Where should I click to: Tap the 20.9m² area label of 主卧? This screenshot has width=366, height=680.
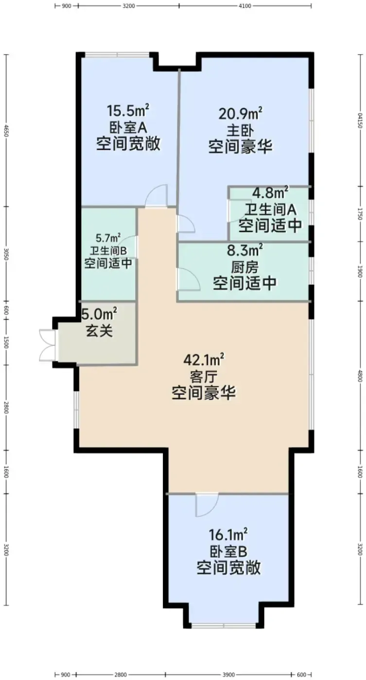[x=241, y=113]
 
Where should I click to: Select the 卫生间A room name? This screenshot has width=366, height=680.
[x=270, y=209]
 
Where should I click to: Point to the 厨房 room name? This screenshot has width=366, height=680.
[x=244, y=268]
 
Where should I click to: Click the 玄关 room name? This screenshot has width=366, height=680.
[x=99, y=331]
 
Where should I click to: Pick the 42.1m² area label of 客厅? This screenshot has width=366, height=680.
[x=204, y=360]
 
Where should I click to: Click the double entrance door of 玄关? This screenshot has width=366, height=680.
[x=48, y=345]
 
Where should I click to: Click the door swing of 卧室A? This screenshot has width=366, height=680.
[x=156, y=196]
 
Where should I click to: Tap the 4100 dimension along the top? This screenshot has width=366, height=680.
[x=245, y=5]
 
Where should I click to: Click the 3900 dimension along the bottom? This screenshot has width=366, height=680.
[x=228, y=675]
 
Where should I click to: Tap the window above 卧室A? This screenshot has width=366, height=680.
[x=117, y=54]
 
